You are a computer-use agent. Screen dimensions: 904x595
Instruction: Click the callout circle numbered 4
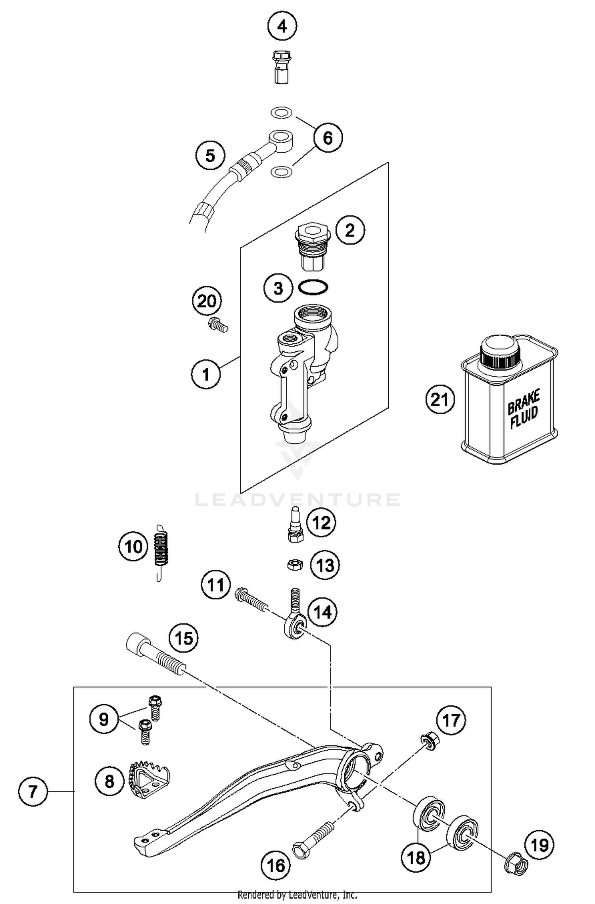coord(282,27)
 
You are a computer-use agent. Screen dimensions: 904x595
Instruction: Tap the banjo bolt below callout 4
coord(281,66)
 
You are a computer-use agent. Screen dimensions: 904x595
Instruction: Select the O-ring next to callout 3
coord(313,287)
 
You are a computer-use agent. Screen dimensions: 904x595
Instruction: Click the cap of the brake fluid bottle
coord(499,351)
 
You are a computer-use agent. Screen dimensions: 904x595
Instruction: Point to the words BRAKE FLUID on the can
coord(524,410)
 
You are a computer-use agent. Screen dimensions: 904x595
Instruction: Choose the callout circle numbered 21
coord(440,399)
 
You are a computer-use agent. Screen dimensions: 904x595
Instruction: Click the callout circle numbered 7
coord(33,792)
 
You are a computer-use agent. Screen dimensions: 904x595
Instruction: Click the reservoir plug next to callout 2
coord(312,246)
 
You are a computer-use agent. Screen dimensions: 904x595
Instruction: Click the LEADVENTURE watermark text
coord(297,500)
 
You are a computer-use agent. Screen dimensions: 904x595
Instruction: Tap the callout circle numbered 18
coord(416,858)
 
